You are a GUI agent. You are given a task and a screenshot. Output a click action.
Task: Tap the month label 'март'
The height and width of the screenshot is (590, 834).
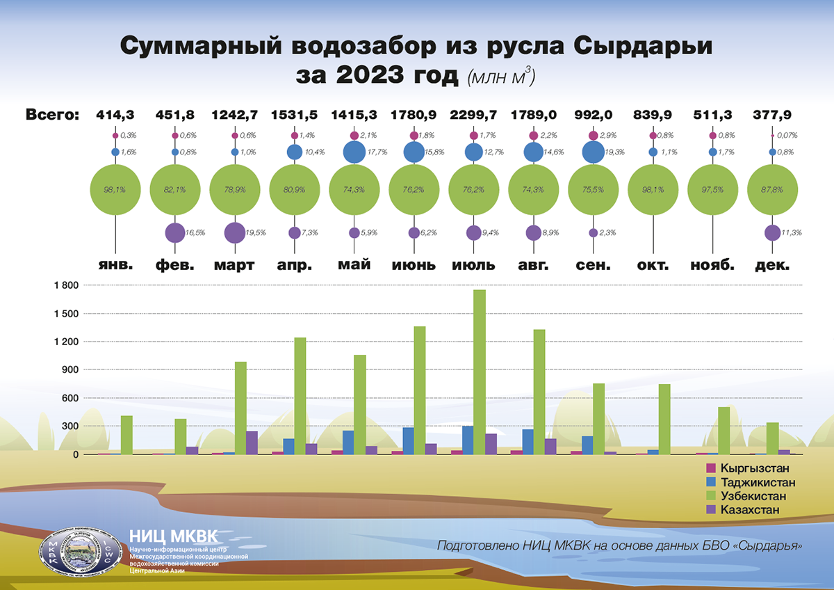tap(234, 265)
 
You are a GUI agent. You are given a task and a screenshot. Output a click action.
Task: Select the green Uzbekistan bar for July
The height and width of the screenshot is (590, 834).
tap(480, 372)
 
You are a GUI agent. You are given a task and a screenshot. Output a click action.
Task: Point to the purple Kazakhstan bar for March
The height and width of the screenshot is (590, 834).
tap(252, 442)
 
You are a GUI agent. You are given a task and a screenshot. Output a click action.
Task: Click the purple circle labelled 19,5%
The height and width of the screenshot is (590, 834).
tap(234, 232)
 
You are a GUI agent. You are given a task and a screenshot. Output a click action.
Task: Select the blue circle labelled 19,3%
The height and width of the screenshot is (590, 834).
tap(593, 152)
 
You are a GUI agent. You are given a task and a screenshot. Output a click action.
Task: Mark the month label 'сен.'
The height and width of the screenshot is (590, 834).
tap(593, 265)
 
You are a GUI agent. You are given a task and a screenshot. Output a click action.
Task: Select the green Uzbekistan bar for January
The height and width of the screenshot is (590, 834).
tap(126, 435)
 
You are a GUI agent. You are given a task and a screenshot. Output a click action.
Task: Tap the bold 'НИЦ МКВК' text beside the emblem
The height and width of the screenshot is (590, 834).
tap(174, 536)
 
